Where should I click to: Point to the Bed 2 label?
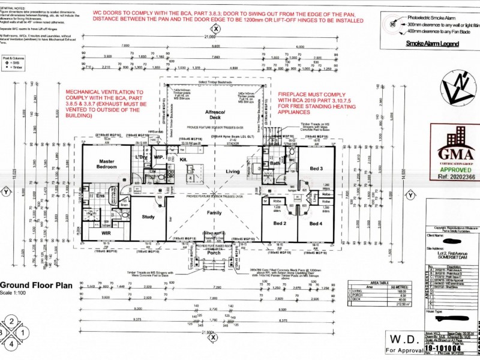pyautogui.click(x=279, y=223)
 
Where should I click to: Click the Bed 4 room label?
pyautogui.click(x=316, y=223)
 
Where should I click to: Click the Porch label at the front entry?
pyautogui.click(x=214, y=252)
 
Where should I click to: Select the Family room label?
pyautogui.click(x=214, y=213)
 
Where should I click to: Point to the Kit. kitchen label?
pyautogui.click(x=184, y=160)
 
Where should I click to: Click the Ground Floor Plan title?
pyautogui.click(x=38, y=286)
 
